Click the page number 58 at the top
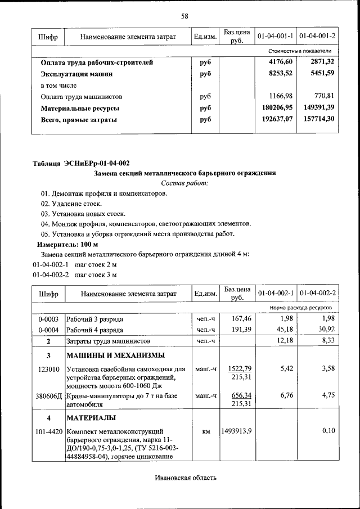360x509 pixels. [x=184, y=16]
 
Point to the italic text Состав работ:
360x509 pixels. [x=184, y=183]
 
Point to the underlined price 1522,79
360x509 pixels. [x=240, y=368]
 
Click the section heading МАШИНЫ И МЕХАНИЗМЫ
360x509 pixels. [x=115, y=355]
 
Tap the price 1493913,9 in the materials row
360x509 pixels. [x=236, y=431]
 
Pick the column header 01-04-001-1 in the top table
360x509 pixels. [x=276, y=37]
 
